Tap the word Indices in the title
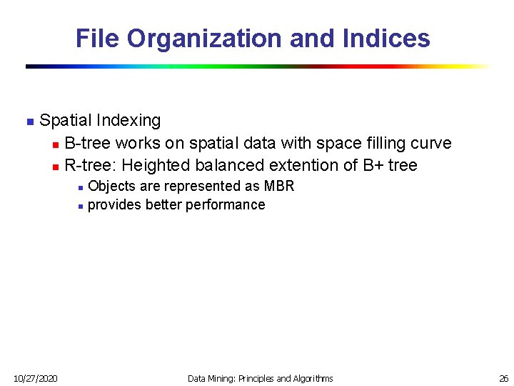[388, 38]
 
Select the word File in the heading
[98, 38]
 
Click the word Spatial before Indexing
[65, 120]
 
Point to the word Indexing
[128, 120]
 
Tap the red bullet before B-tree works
[54, 144]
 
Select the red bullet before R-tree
[54, 166]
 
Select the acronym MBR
[279, 186]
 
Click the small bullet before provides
[81, 206]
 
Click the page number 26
[503, 378]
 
